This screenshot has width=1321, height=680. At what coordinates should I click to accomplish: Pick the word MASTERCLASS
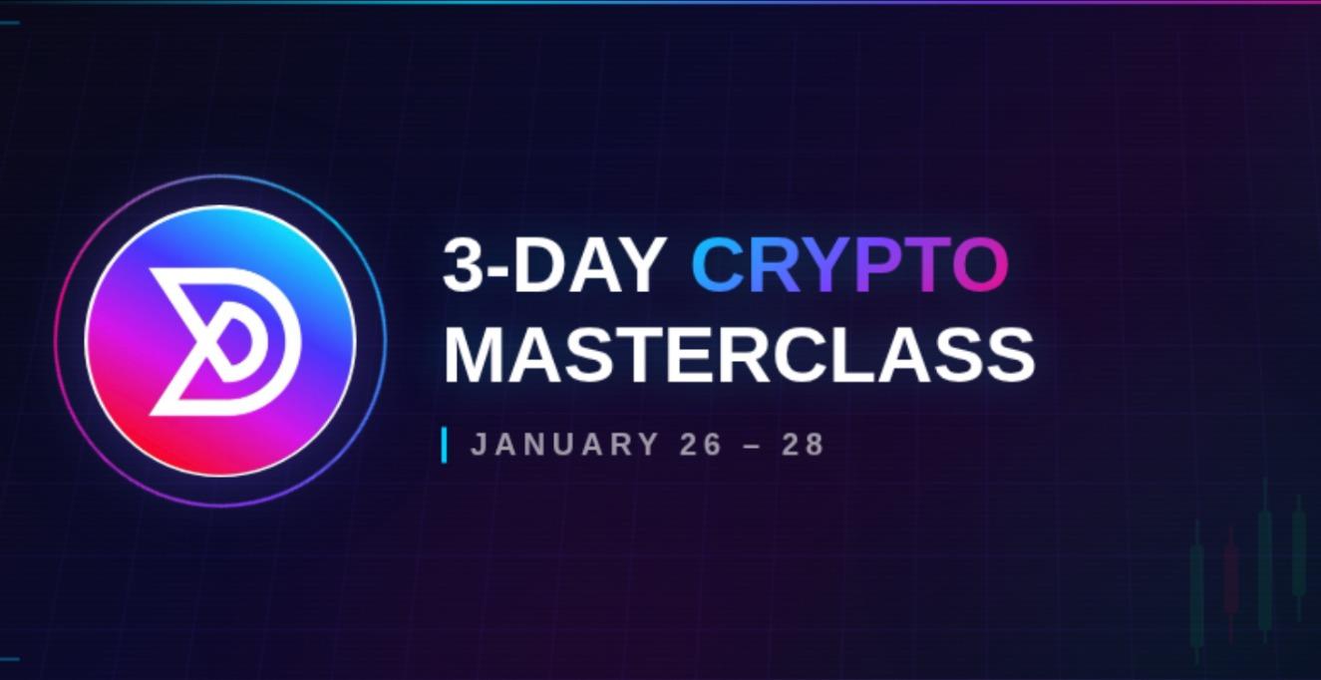pos(739,354)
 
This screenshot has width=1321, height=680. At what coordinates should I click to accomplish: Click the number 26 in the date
pos(701,445)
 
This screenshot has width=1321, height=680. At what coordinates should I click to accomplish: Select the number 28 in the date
pos(804,445)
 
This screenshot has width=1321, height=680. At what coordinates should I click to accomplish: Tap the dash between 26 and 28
pos(753,445)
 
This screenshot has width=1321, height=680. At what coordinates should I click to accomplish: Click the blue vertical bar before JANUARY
pos(444,445)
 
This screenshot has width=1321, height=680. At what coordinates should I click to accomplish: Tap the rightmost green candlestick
pos(1298,553)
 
